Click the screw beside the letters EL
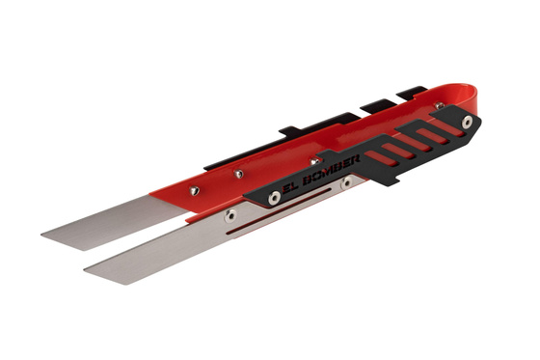tap(275, 197)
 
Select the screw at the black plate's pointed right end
tap(468, 122)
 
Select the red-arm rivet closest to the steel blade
tap(193, 191)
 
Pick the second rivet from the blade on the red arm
tap(238, 174)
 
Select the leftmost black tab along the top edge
tap(293, 127)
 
